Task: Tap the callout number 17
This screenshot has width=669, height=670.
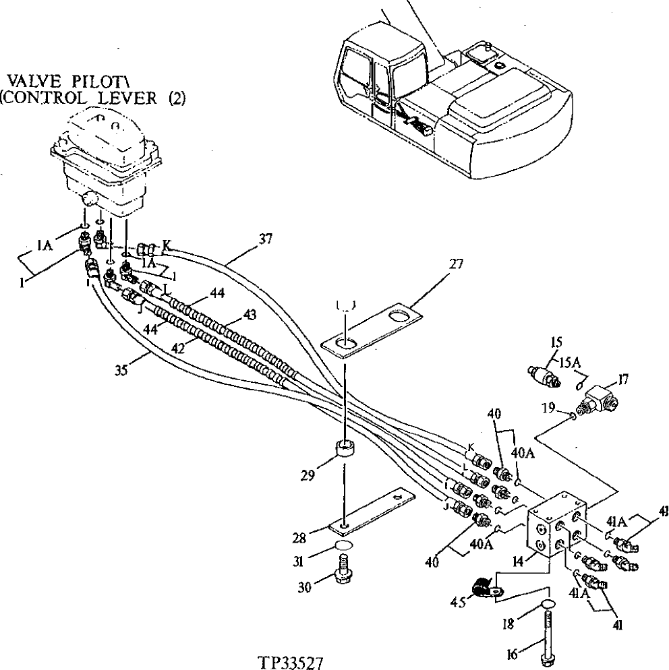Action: point(624,380)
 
